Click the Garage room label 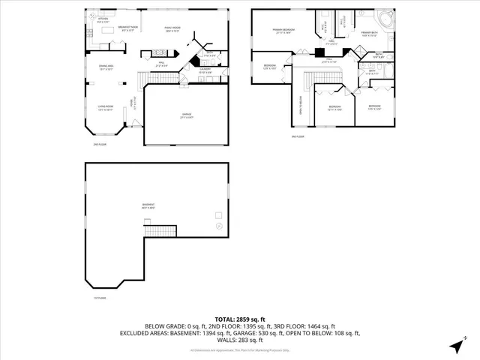pyautogui.click(x=187, y=115)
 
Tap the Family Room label pyautogui.click(x=175, y=28)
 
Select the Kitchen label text pyautogui.click(x=103, y=20)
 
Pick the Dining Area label pyautogui.click(x=106, y=67)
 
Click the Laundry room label pyautogui.click(x=205, y=72)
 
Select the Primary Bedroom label pyautogui.click(x=283, y=31)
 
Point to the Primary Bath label pyautogui.click(x=369, y=34)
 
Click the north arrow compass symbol pyautogui.click(x=456, y=346)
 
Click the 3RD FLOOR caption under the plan pyautogui.click(x=297, y=137)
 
